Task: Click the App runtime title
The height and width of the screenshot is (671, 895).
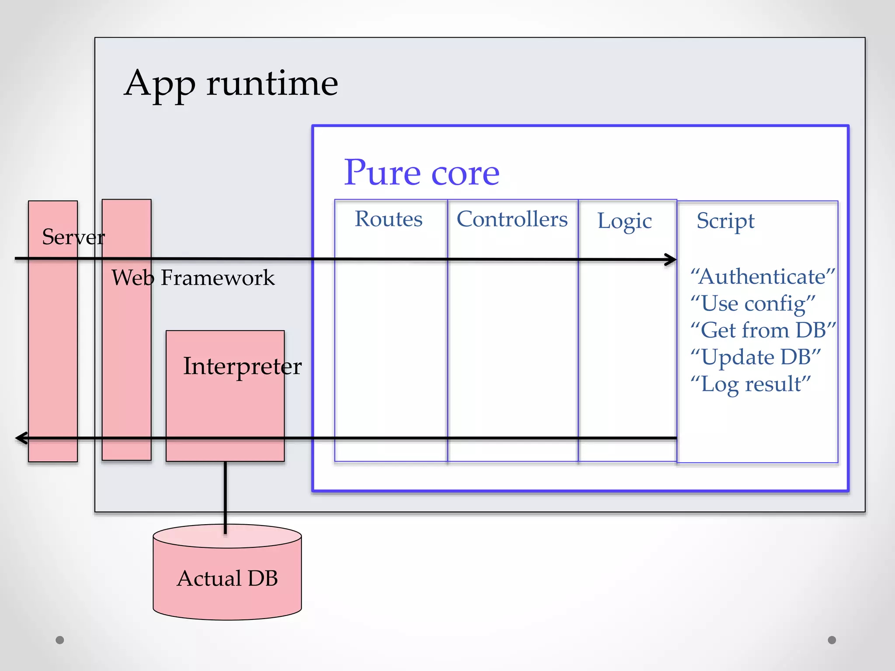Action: (231, 84)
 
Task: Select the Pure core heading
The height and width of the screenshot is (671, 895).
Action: (421, 173)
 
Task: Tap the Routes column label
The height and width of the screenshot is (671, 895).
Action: (389, 219)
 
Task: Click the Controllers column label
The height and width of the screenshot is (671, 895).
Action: (512, 219)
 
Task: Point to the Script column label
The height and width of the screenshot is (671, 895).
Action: (725, 221)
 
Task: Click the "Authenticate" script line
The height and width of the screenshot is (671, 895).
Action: (762, 277)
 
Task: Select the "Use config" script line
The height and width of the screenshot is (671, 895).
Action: (753, 304)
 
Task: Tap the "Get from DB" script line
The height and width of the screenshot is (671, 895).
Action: (763, 330)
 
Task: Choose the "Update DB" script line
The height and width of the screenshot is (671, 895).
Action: (755, 357)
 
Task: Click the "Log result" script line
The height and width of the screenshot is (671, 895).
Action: (750, 384)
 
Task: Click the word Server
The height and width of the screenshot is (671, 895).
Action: (73, 237)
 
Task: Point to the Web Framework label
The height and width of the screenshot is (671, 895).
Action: (193, 278)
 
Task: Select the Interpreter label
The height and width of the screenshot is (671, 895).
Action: (242, 366)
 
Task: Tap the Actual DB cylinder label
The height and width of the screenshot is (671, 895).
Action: (227, 578)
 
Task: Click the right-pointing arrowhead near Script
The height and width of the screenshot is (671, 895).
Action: (671, 259)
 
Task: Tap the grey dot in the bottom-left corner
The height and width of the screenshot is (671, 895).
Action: (60, 640)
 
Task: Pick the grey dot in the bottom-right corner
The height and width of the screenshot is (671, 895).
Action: (832, 640)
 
